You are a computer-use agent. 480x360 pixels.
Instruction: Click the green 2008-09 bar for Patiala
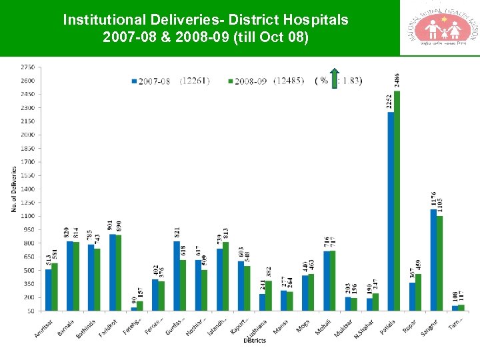(x=397, y=200)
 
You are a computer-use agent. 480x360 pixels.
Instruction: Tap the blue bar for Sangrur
(x=433, y=260)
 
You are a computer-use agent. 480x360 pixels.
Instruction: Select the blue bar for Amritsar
(x=48, y=289)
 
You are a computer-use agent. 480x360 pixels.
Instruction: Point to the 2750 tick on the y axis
(x=28, y=67)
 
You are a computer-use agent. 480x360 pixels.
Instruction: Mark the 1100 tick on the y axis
(x=28, y=216)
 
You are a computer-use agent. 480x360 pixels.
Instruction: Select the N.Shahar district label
(x=364, y=327)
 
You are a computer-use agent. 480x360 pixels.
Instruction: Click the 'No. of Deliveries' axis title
(x=13, y=190)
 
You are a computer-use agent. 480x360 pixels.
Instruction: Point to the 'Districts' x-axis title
(x=254, y=341)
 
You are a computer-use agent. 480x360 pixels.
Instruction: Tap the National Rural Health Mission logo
(x=439, y=28)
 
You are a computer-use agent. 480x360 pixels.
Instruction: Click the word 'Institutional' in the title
(x=101, y=20)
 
